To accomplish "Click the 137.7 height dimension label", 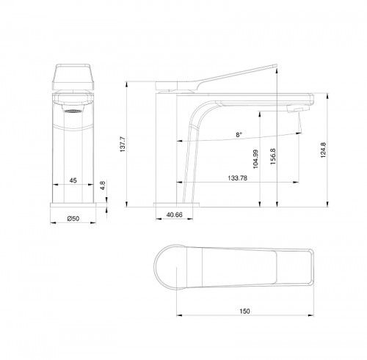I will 124,147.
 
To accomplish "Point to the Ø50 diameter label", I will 73,218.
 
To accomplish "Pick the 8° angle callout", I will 239,135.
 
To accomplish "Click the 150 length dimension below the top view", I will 245,312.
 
